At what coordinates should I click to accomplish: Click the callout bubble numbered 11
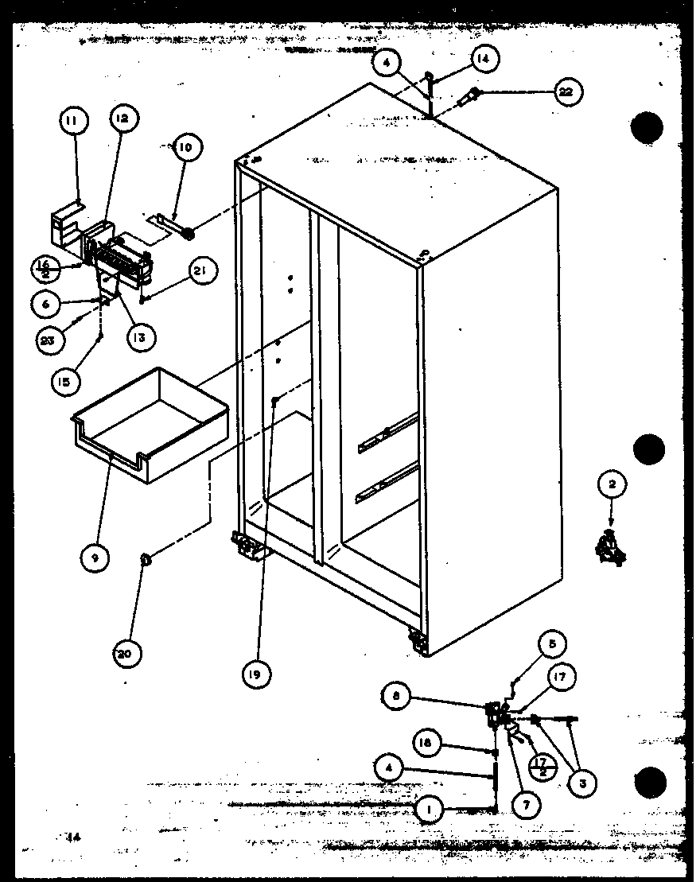pyautogui.click(x=72, y=122)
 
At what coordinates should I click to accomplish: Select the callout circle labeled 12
pyautogui.click(x=121, y=119)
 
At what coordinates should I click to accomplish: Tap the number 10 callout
pyautogui.click(x=185, y=147)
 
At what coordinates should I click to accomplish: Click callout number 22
pyautogui.click(x=565, y=92)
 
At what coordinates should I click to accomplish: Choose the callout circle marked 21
pyautogui.click(x=200, y=272)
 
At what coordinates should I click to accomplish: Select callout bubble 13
pyautogui.click(x=139, y=336)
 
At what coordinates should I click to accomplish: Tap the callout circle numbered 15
pyautogui.click(x=66, y=382)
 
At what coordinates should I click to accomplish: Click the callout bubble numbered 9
pyautogui.click(x=95, y=558)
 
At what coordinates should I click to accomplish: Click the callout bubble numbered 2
pyautogui.click(x=612, y=484)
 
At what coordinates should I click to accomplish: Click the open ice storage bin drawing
pyautogui.click(x=151, y=425)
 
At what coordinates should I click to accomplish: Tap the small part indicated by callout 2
pyautogui.click(x=610, y=548)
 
